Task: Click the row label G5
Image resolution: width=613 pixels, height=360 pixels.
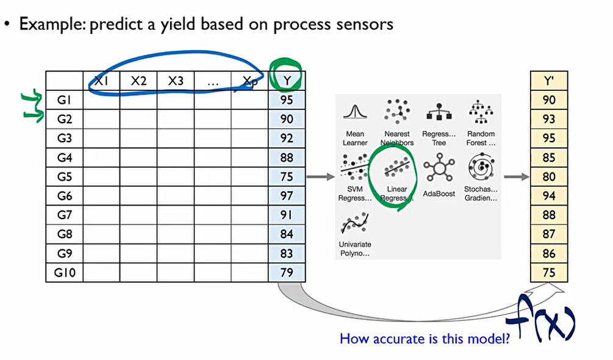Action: coord(65,177)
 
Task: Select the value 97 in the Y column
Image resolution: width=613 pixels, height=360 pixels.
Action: coord(287,196)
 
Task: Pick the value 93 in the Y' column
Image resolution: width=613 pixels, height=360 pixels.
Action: coord(549,120)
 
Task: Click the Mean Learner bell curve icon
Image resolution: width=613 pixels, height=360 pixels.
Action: coord(354,113)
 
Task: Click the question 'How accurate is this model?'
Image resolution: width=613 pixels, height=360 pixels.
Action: coord(425,337)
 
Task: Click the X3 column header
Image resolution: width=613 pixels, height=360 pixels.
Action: coord(176,81)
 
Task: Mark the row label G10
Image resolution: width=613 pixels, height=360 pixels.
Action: coord(65,273)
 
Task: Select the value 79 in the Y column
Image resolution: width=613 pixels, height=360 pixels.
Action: coord(287,273)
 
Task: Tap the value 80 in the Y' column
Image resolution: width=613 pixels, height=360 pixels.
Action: coord(549,177)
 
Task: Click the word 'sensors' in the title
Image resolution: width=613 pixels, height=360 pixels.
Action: coord(364,24)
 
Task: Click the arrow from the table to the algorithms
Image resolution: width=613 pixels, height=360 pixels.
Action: coord(320,177)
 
